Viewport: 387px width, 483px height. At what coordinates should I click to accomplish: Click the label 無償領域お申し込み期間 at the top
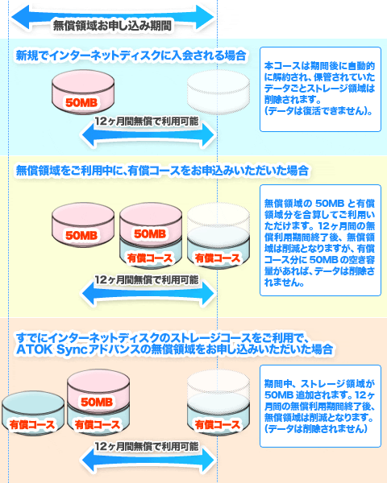(112, 25)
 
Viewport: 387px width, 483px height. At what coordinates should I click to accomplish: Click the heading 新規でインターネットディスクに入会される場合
(131, 56)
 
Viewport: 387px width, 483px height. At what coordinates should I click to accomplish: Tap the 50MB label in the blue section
(81, 102)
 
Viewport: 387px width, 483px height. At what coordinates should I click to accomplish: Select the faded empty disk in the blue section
(218, 92)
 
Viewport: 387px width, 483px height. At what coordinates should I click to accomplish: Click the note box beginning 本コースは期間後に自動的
(320, 89)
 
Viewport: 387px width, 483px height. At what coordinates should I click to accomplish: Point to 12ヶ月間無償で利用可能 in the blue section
(146, 122)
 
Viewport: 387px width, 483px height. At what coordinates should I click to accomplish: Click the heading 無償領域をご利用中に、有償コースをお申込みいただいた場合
(162, 171)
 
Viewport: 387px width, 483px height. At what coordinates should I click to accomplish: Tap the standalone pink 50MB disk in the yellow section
(83, 225)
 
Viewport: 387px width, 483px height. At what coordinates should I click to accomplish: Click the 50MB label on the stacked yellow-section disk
(150, 233)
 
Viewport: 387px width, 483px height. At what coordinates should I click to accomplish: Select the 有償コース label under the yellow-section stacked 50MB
(150, 258)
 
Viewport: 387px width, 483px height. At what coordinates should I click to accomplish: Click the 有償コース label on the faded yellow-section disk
(218, 258)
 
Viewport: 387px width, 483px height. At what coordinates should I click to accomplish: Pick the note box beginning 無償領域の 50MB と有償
(320, 240)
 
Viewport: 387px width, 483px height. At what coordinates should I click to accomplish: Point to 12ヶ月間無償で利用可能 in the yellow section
(146, 280)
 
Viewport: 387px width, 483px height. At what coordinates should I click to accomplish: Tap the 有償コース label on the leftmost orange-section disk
(32, 425)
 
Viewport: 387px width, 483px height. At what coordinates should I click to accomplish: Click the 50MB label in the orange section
(97, 402)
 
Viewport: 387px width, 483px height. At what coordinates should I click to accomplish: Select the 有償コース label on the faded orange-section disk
(218, 425)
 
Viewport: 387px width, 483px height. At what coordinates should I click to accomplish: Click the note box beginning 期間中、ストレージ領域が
(320, 406)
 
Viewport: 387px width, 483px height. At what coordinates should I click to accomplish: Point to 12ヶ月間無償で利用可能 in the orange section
(146, 446)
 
